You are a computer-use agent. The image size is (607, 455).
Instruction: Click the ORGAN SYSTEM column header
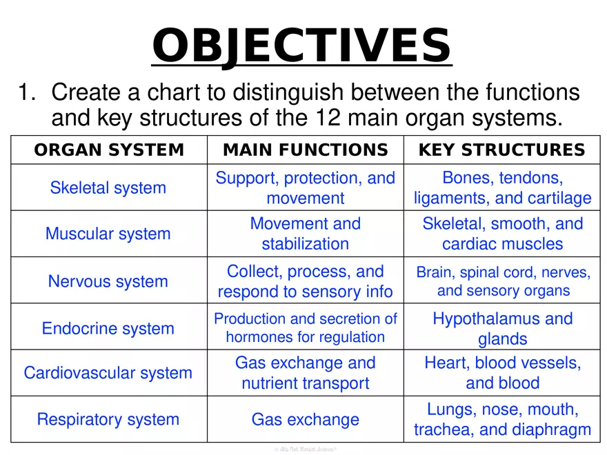click(109, 150)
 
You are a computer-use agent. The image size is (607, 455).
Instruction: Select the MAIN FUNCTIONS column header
click(305, 150)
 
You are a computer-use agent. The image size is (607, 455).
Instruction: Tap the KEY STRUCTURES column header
click(502, 150)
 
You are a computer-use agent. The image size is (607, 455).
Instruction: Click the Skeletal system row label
click(108, 188)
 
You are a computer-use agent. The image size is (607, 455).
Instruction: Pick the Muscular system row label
click(108, 234)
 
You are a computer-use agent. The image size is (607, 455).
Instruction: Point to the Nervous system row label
click(108, 281)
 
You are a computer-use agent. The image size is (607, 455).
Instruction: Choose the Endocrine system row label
click(108, 328)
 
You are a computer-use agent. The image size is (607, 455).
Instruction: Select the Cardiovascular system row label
click(108, 373)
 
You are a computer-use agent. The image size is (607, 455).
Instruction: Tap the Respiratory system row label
click(108, 419)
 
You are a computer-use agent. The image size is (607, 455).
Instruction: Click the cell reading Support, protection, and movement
click(305, 188)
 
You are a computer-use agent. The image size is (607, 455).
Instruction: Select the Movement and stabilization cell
click(305, 234)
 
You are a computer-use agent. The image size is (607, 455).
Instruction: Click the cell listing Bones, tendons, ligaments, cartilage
click(502, 188)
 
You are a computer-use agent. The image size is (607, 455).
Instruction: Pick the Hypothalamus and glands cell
click(502, 328)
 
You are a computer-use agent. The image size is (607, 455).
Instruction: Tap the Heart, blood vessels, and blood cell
click(502, 373)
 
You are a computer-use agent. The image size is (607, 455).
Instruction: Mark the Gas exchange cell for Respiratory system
click(305, 419)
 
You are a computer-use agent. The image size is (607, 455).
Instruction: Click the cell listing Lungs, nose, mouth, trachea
click(502, 419)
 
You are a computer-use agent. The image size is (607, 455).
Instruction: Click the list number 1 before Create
click(25, 92)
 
